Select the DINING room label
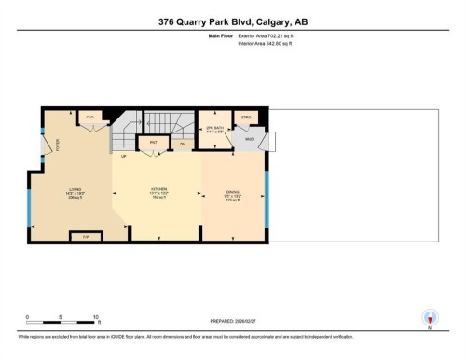(233, 194)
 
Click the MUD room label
(250, 138)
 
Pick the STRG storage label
(246, 118)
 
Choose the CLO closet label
(90, 117)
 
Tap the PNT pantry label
(152, 143)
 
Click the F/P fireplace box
(87, 237)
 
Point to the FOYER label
(56, 145)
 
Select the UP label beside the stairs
(123, 156)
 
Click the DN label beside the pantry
(183, 144)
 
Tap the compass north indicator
(430, 318)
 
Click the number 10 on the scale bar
(96, 317)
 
